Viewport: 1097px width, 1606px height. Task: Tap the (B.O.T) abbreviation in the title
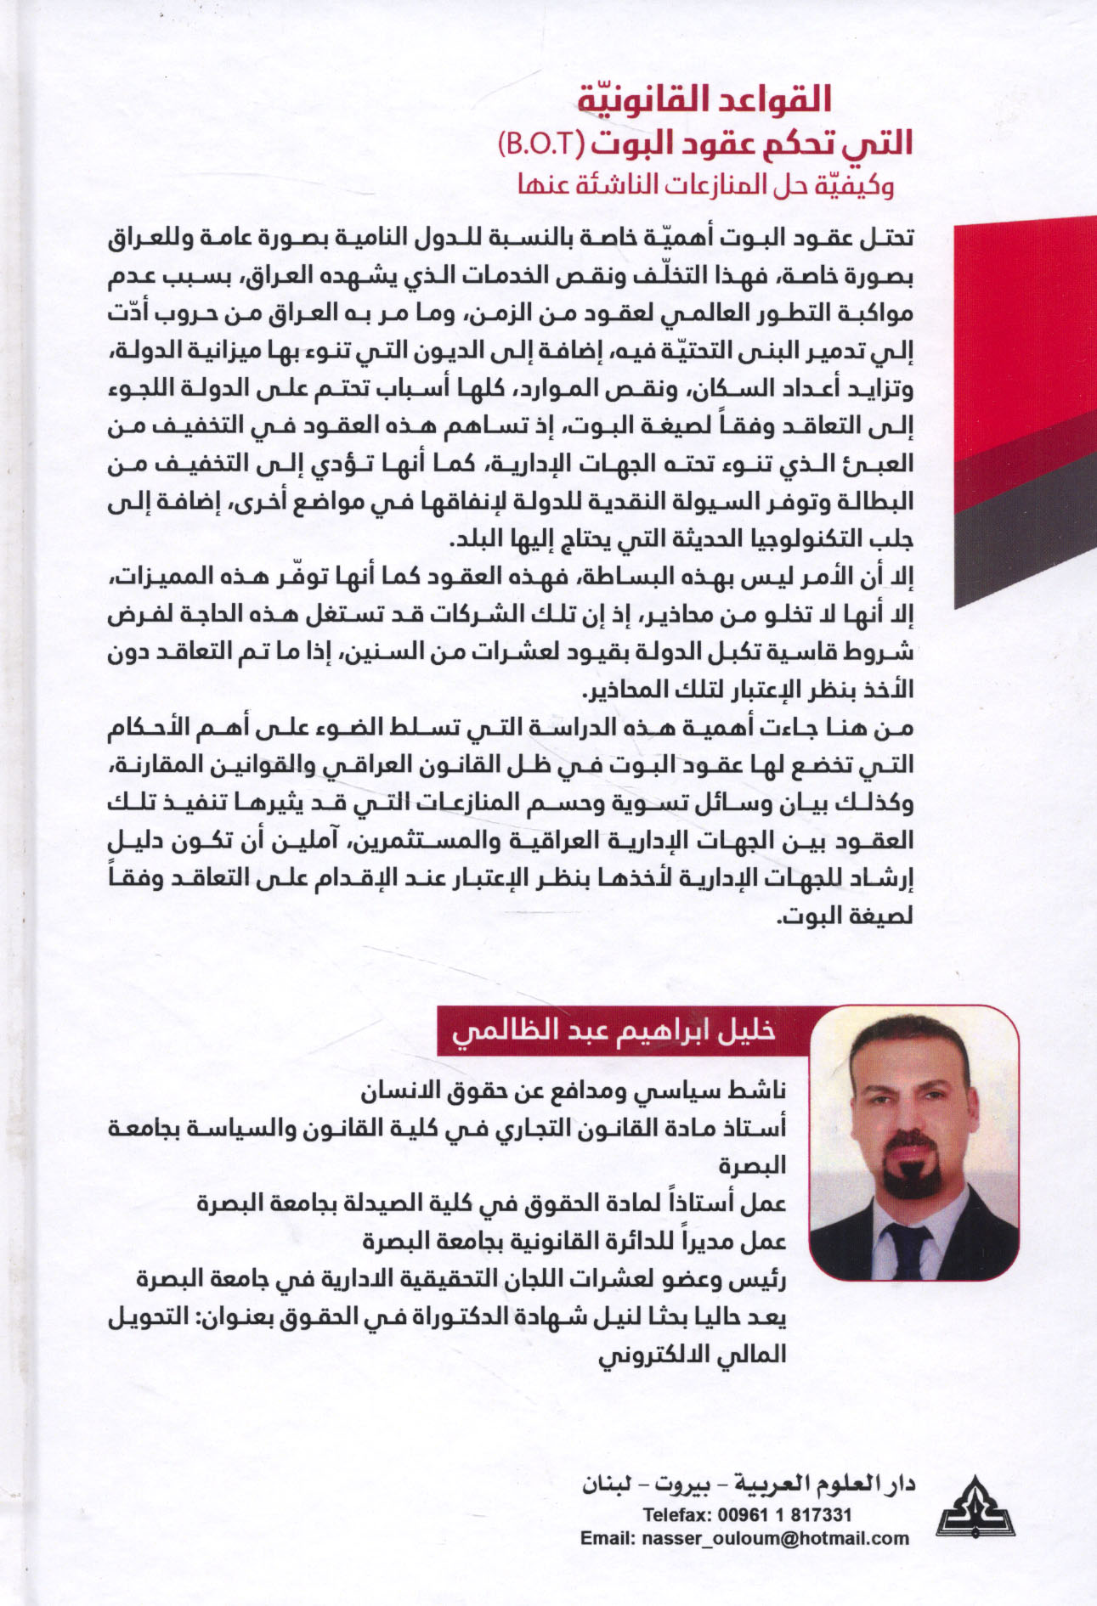tap(536, 142)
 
